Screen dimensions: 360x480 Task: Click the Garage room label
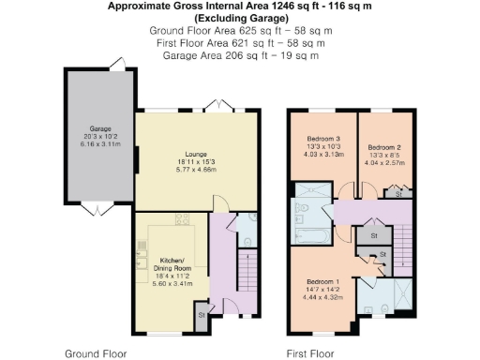pyautogui.click(x=100, y=127)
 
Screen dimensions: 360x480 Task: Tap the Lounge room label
pyautogui.click(x=196, y=154)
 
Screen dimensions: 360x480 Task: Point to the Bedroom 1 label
pyautogui.click(x=323, y=281)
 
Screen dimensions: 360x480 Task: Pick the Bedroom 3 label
pyautogui.click(x=322, y=138)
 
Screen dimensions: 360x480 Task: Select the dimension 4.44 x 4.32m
pyautogui.click(x=323, y=296)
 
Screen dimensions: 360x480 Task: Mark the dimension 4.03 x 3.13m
pyautogui.click(x=322, y=155)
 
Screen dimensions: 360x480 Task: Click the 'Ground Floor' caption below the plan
pyautogui.click(x=95, y=354)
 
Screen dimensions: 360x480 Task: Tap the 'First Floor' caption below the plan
pyautogui.click(x=309, y=354)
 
